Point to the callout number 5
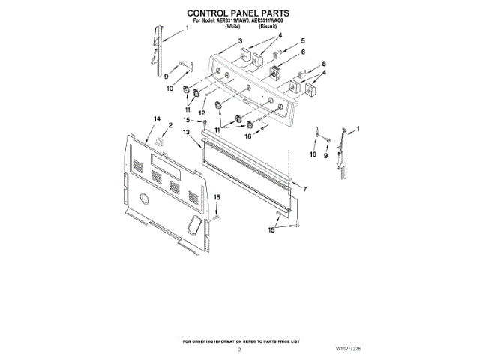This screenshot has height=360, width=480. [303, 41]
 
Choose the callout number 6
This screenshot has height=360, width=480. [303, 52]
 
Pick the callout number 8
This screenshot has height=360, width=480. [324, 64]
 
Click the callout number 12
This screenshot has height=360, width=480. [201, 112]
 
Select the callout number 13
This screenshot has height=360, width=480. [186, 133]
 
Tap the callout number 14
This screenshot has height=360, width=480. [157, 119]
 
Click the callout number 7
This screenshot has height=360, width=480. [304, 190]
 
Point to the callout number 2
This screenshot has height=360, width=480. [170, 125]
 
